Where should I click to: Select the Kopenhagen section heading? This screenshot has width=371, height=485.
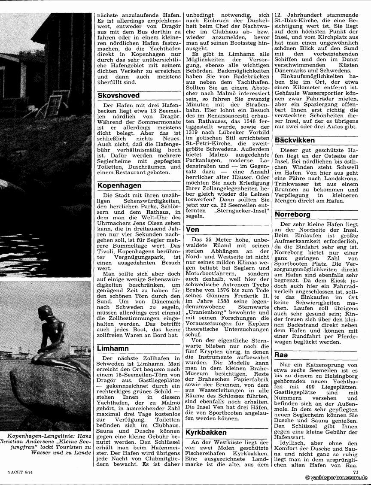pos(119,185)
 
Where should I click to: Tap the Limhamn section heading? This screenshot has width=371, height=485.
pos(113,349)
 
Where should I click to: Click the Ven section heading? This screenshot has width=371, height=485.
pos(192,230)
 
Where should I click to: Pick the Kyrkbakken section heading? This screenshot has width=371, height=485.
pos(206,432)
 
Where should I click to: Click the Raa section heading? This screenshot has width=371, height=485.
pos(281,355)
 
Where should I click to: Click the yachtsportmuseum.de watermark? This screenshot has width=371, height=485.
pos(337,478)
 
